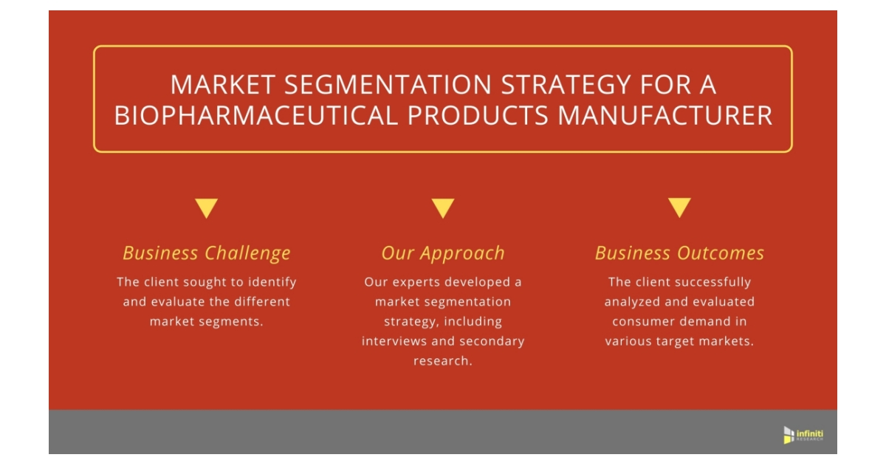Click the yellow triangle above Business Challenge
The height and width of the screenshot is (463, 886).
tap(207, 208)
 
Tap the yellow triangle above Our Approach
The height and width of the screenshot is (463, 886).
tap(443, 208)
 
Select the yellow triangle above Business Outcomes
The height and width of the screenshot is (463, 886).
tap(679, 208)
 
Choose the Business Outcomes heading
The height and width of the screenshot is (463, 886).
tap(679, 253)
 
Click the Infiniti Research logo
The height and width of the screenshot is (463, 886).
tap(803, 435)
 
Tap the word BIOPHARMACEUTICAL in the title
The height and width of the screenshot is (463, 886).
tap(256, 115)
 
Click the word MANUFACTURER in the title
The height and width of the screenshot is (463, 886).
tap(665, 115)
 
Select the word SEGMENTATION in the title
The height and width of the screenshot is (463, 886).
tap(388, 85)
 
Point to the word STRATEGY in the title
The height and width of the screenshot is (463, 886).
tap(566, 85)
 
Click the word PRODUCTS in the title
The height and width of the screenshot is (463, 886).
tap(478, 115)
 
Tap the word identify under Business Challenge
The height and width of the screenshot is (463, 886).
tap(272, 283)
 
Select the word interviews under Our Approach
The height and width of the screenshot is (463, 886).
tap(394, 341)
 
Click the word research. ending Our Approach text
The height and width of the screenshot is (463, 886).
tap(443, 361)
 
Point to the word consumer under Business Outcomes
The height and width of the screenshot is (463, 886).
tap(638, 322)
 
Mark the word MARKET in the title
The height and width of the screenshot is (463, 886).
tap(223, 85)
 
